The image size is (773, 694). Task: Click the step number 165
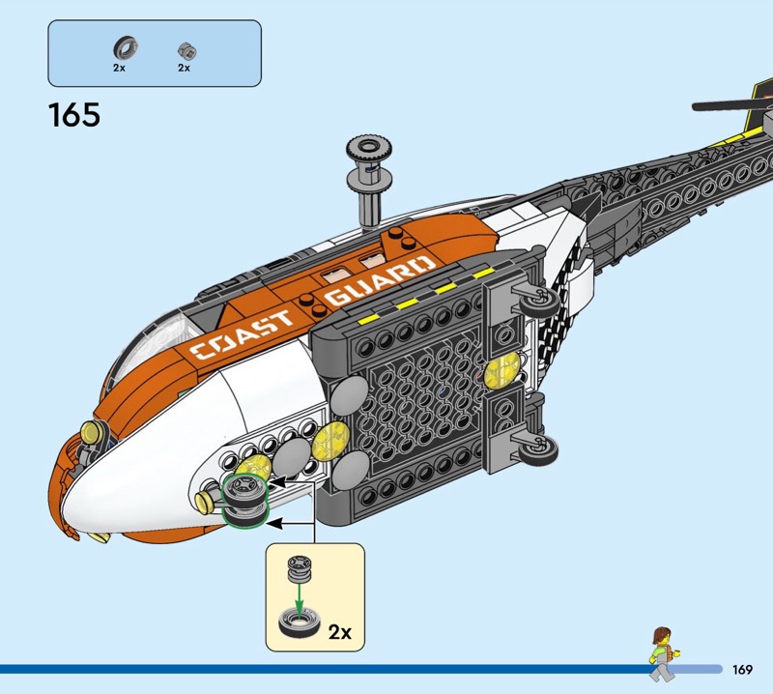[x=73, y=115]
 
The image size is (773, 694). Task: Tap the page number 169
[x=742, y=670]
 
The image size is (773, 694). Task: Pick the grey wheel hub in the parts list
[x=184, y=48]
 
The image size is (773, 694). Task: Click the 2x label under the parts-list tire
[x=120, y=69]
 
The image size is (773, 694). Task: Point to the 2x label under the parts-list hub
[x=184, y=69]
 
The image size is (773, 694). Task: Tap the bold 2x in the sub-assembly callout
[x=339, y=632]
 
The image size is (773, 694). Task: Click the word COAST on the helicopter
[x=242, y=334]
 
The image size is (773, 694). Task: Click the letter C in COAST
[x=206, y=350]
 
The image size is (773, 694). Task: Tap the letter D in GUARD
[x=422, y=264]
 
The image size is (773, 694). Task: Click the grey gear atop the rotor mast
[x=367, y=152]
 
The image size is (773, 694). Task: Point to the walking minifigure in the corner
[x=662, y=647]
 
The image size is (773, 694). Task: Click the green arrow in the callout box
[x=301, y=594]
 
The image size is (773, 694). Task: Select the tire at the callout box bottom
[x=301, y=622]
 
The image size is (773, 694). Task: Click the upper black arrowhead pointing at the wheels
[x=274, y=480]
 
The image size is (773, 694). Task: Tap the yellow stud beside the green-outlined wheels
[x=205, y=500]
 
